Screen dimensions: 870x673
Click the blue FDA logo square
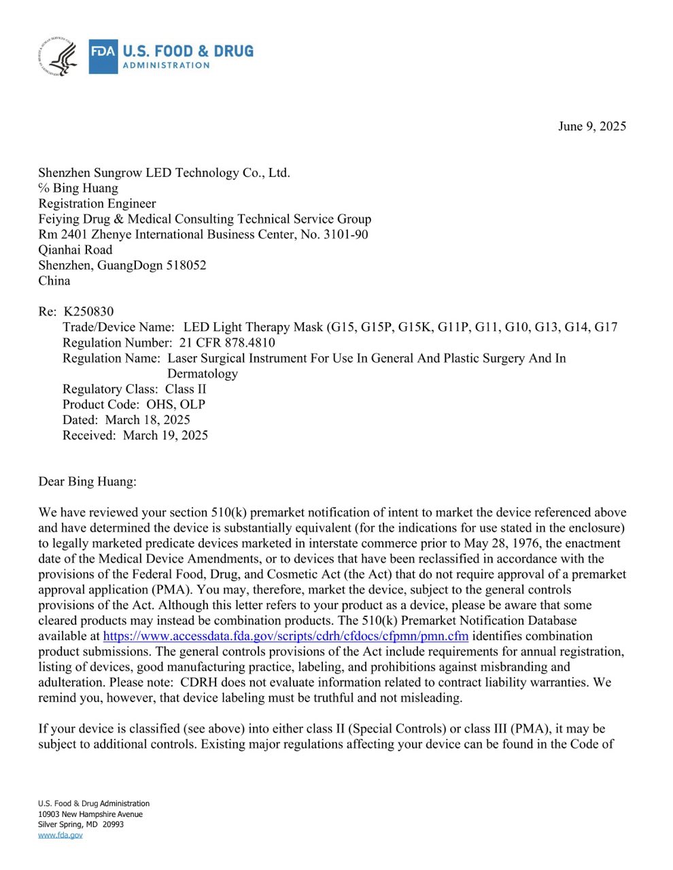[x=103, y=56]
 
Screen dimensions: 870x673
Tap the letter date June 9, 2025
[x=591, y=126]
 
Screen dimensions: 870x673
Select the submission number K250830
[x=88, y=312]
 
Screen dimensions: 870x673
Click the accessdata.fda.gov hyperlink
[x=286, y=636]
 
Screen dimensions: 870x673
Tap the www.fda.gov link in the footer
[x=61, y=835]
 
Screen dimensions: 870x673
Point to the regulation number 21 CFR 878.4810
[x=227, y=343]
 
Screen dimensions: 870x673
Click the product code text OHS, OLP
[x=176, y=404]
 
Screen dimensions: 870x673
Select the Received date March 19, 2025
[x=165, y=435]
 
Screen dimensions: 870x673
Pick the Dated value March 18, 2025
[x=148, y=420]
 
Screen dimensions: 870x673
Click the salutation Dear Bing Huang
[x=87, y=482]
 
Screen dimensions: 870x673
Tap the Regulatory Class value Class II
[x=186, y=389]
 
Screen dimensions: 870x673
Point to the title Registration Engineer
[x=97, y=204]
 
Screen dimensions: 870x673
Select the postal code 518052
[x=186, y=265]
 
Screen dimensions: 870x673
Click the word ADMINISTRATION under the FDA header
[x=166, y=66]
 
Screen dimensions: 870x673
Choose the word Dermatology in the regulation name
[x=203, y=374]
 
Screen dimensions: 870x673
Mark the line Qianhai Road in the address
[x=75, y=250]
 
